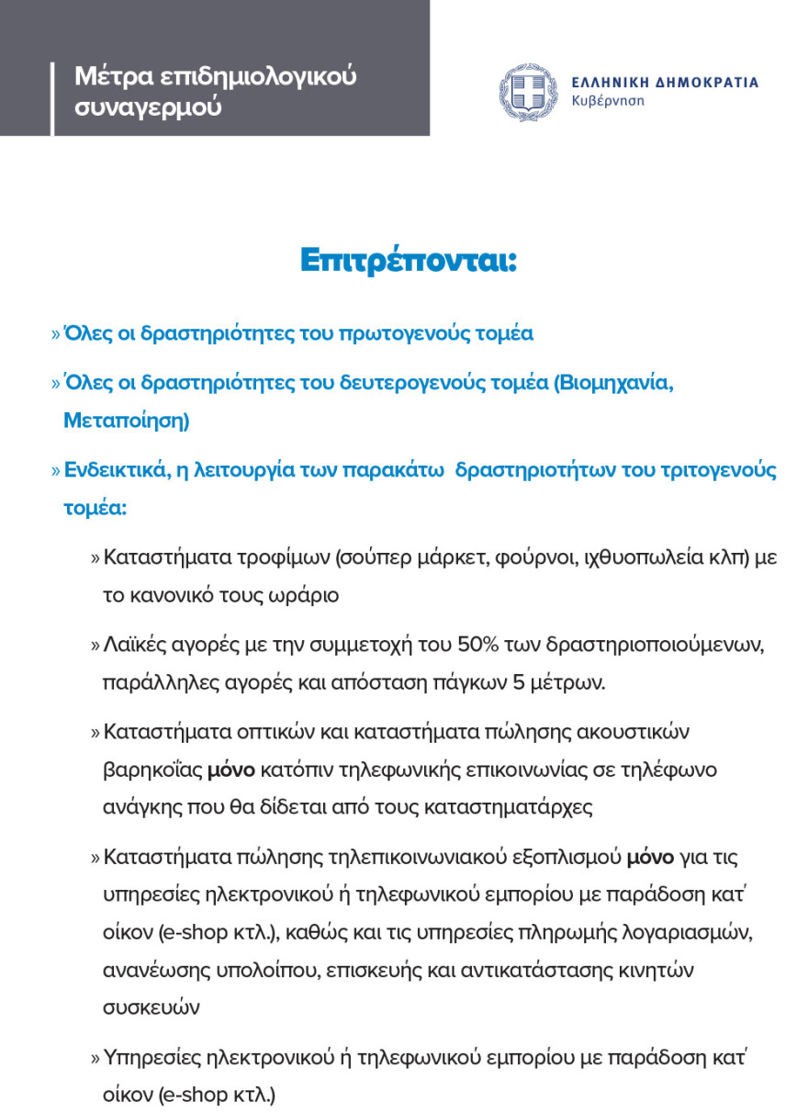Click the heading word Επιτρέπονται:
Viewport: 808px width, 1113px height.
[x=409, y=260]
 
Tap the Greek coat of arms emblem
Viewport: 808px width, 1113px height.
[x=527, y=92]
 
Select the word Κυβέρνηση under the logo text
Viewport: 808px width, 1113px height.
[x=607, y=100]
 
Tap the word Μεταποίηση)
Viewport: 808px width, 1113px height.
[x=126, y=421]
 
